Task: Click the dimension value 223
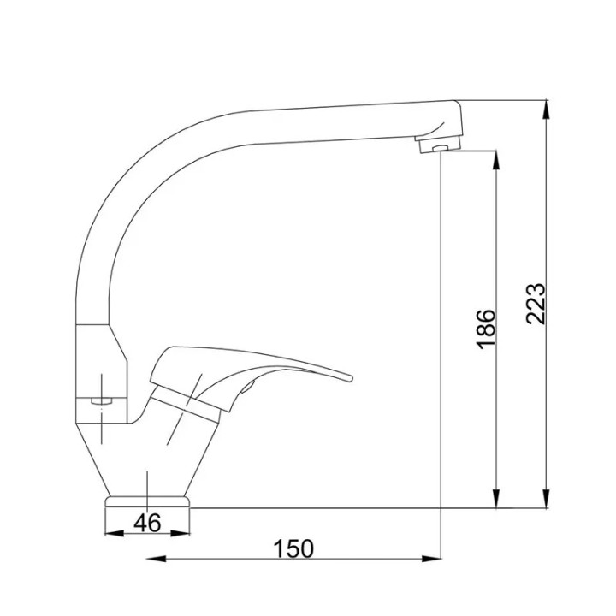point(536,303)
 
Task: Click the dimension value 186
point(486,329)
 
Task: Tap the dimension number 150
point(293,548)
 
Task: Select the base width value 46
point(147,523)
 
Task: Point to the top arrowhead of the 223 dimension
point(546,110)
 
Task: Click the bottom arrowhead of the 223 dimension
point(546,499)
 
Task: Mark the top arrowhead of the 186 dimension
point(496,160)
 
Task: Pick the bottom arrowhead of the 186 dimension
point(496,499)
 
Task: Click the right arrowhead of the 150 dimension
point(431,559)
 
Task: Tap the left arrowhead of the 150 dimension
point(156,559)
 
